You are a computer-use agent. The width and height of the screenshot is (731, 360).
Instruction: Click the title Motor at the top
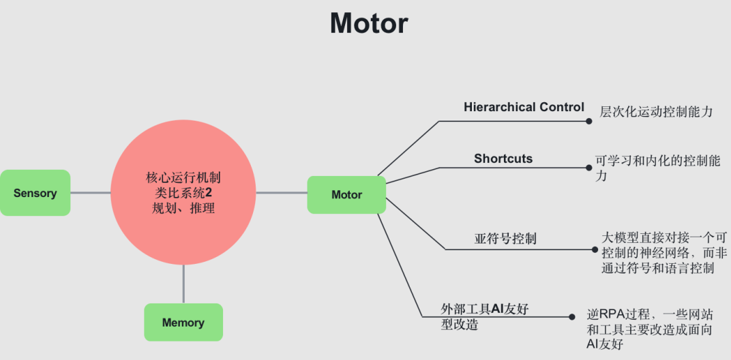[369, 24]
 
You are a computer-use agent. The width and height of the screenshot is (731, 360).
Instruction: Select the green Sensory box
[35, 193]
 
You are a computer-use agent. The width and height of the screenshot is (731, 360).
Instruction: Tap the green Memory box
[183, 322]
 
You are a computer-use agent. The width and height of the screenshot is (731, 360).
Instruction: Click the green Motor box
[346, 194]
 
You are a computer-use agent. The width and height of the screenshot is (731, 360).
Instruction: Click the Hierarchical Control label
[524, 107]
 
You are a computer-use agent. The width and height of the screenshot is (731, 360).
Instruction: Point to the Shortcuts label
[503, 159]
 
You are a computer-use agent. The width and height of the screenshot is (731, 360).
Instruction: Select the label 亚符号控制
[505, 239]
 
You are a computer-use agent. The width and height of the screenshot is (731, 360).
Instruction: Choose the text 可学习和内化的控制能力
[657, 168]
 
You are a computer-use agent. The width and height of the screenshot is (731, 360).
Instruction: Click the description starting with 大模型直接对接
[664, 252]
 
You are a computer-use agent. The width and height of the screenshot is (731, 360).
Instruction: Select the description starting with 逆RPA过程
[650, 329]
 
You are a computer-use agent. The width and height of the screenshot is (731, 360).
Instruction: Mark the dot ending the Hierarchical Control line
[589, 121]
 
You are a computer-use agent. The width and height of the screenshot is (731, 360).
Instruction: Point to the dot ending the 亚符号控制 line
[595, 250]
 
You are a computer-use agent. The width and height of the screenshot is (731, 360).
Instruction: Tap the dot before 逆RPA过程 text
[572, 317]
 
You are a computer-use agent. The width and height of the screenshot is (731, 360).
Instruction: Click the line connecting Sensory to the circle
[90, 193]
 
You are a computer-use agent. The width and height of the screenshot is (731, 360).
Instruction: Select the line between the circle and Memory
[183, 284]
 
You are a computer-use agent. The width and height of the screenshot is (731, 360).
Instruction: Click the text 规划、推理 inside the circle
[183, 209]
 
